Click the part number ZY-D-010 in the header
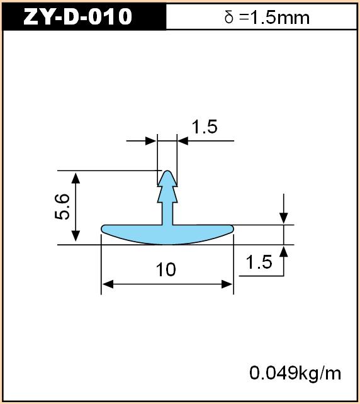point(77,16)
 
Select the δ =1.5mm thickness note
point(267,18)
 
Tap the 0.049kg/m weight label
point(295,373)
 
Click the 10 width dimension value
point(166,269)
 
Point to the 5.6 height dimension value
point(62,206)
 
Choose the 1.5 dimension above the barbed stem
point(205,126)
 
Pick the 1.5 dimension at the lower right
point(259,262)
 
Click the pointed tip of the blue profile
point(167,171)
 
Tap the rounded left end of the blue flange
point(103,228)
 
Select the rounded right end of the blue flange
point(232,228)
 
